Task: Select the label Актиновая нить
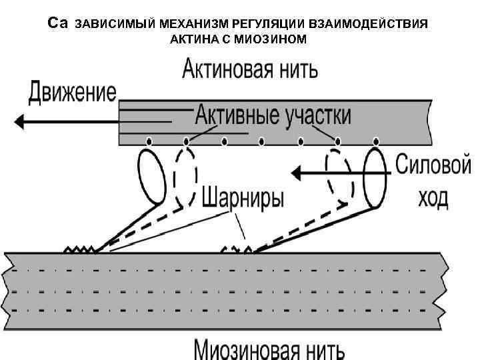250,69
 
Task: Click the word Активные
237,115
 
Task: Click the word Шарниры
242,198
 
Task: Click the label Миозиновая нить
269,349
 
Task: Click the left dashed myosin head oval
185,175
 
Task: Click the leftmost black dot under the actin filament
149,141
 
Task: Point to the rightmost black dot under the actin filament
377,141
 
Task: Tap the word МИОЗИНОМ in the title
274,39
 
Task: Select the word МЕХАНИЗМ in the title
188,24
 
